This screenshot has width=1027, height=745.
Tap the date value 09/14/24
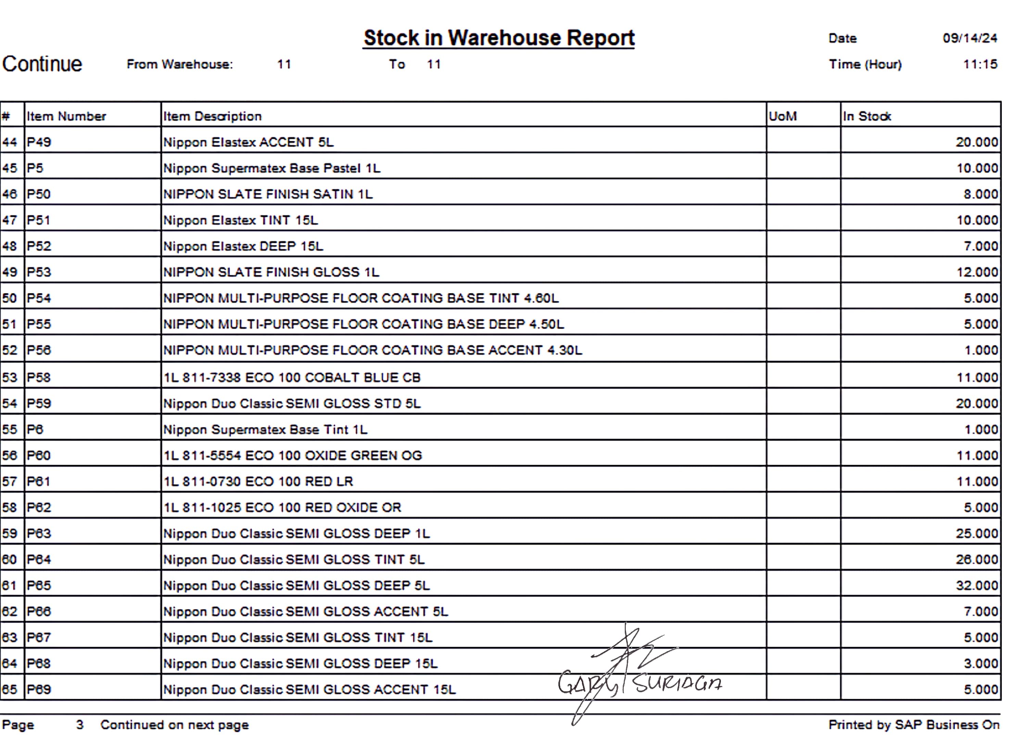point(969,38)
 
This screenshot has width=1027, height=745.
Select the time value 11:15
point(979,64)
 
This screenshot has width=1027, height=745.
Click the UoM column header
point(783,117)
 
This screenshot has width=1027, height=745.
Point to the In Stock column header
point(867,117)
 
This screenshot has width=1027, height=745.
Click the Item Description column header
point(212,117)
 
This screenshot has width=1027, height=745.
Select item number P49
point(39,142)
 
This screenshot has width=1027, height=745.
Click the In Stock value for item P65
point(977,586)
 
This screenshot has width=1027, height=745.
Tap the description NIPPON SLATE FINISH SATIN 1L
point(268,194)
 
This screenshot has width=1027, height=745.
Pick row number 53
point(10,378)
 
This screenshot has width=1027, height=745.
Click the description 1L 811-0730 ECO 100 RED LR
point(258,481)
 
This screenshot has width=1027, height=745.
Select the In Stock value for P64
point(977,560)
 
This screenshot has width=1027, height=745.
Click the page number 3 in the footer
point(80,724)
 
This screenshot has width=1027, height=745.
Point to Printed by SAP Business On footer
point(914,724)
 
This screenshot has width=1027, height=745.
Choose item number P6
point(35,430)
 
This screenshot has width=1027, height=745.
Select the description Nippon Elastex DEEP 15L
point(243,246)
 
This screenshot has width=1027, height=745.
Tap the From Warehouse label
point(180,64)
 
